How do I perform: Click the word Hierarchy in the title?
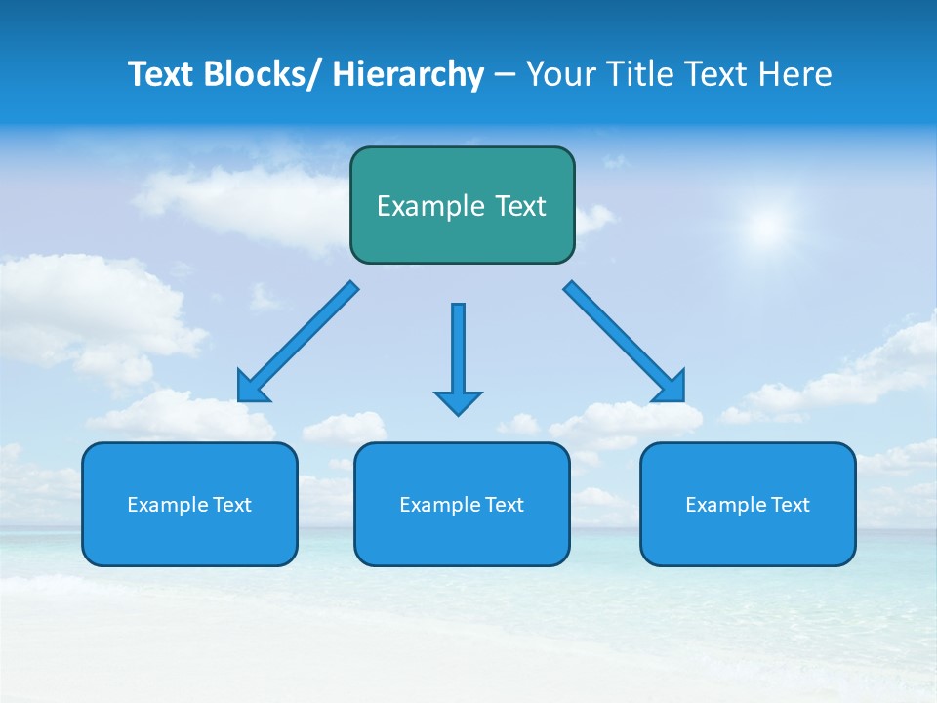point(407,74)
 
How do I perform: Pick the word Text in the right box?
point(790,505)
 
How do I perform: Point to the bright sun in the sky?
point(766,227)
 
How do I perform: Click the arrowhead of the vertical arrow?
point(458,402)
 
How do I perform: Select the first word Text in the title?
point(162,74)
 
